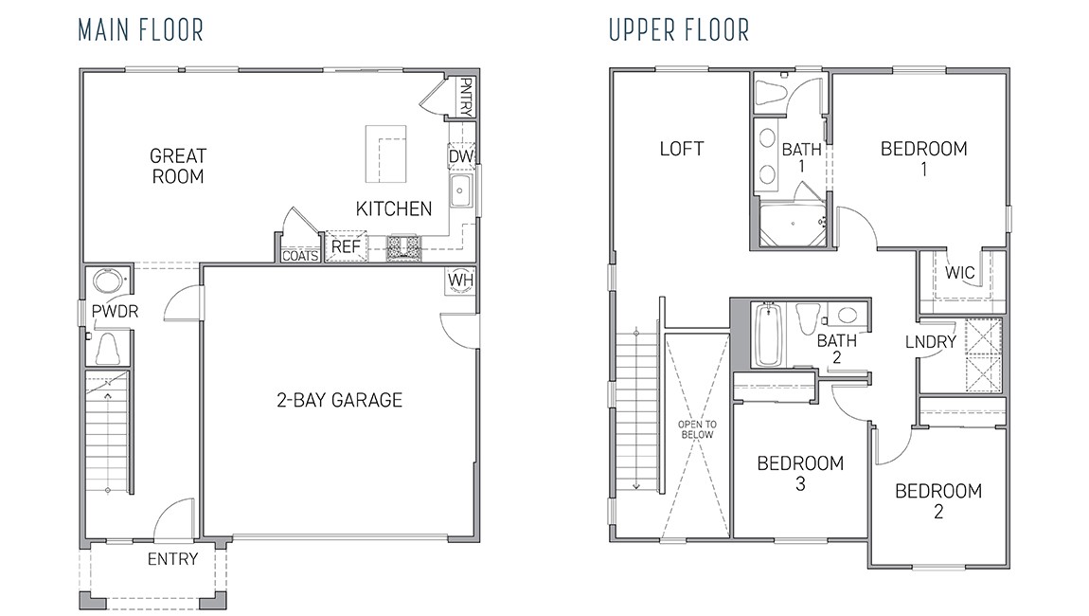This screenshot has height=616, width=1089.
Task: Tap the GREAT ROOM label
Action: [x=177, y=166]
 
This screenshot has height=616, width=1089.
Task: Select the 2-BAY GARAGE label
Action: [x=339, y=400]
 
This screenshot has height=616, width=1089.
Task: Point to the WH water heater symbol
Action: [x=460, y=281]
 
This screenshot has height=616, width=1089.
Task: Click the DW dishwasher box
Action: [x=460, y=156]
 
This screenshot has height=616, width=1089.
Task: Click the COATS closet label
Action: [x=300, y=256]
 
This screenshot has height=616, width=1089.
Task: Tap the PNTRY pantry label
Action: [x=465, y=97]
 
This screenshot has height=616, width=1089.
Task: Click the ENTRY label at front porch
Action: [x=172, y=559]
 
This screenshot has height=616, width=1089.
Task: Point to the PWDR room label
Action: [x=110, y=312]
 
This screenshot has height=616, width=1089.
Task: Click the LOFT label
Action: [x=682, y=149]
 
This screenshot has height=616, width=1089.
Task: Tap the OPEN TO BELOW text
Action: [x=697, y=429]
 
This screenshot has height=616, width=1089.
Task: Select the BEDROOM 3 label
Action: [x=800, y=474]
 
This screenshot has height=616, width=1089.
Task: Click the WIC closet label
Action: [x=959, y=273]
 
